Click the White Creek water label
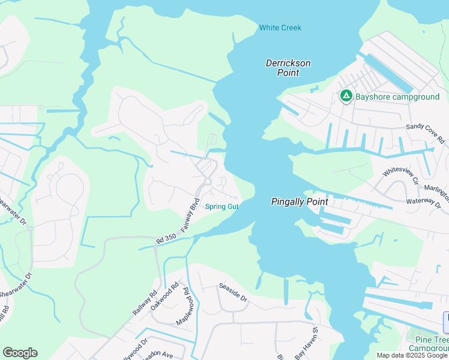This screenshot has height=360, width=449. coord(280,28)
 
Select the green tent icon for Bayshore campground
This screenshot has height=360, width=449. coord(346,95)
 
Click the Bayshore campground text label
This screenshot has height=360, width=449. coord(397,97)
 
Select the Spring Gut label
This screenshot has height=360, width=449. coord(222,207)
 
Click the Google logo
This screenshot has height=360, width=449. coord(20,352)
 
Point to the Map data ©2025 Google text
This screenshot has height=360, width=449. coord(412,355)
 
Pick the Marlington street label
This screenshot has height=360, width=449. coord(435,187)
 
